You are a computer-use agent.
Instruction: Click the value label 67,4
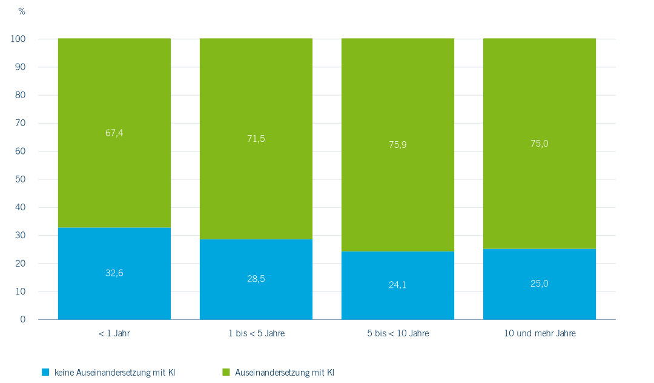pos(114,133)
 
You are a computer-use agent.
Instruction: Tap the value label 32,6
pos(114,273)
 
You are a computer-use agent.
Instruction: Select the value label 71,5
pos(256,139)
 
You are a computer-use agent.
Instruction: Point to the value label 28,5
pos(256,279)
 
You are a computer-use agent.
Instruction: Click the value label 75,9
pos(398,145)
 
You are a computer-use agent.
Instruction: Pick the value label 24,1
pos(398,284)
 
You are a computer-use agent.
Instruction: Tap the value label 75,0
pos(539,144)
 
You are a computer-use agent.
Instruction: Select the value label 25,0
pos(539,283)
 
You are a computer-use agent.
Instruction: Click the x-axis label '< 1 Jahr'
pos(114,333)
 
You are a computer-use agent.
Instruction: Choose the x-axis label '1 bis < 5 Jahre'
pos(256,333)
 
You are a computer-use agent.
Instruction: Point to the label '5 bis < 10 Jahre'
pos(398,333)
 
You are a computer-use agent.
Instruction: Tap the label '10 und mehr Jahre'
pos(540,333)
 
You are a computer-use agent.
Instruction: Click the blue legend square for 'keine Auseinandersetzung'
pos(45,371)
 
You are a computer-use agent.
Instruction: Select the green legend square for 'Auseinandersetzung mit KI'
pos(226,371)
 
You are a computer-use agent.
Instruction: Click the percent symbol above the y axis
pos(22,12)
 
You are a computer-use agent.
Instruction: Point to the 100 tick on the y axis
pos(18,39)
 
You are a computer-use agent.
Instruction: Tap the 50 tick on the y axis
pos(21,179)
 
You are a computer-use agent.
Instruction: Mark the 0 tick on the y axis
pos(23,319)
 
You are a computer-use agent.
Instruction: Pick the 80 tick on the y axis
pos(21,95)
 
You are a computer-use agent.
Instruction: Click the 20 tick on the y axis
pos(21,264)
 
